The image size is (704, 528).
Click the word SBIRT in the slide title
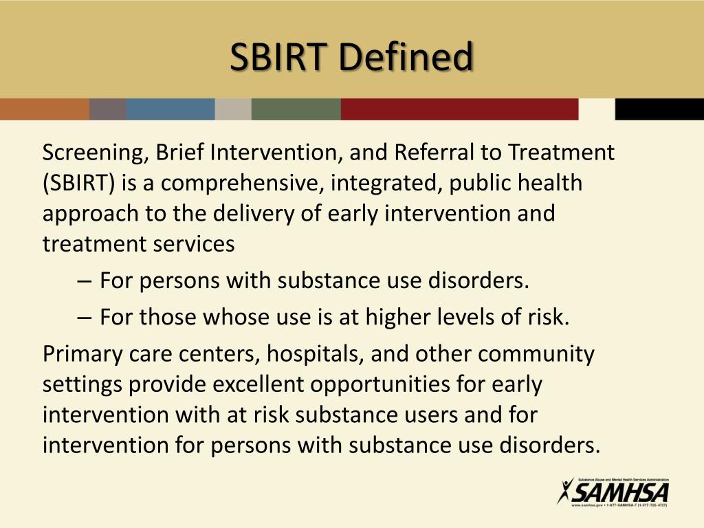point(279,58)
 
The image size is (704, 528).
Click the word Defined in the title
point(406,58)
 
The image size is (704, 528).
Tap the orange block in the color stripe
point(44,109)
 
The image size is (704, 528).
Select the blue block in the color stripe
point(170,109)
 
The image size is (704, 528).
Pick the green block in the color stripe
point(296,109)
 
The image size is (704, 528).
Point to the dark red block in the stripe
point(459,109)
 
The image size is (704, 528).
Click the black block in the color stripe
point(659,109)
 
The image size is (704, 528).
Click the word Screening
point(93,153)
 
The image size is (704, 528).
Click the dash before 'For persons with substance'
point(85,281)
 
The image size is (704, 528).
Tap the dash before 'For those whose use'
point(85,318)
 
